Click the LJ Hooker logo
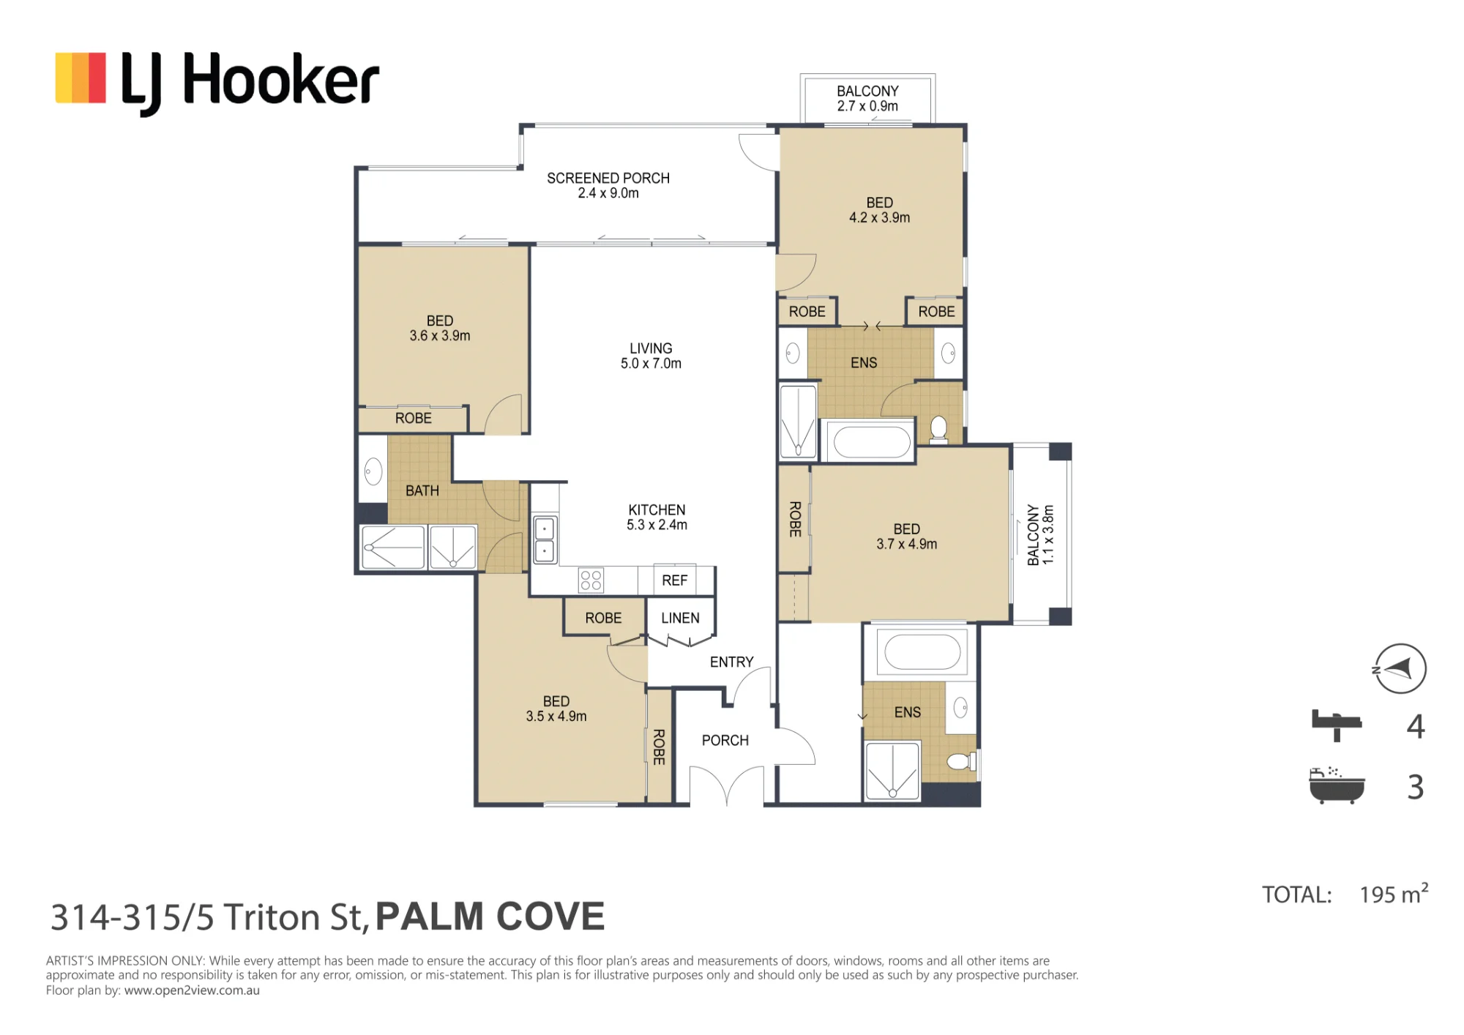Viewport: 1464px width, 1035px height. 217,81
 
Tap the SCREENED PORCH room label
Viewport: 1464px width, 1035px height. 608,185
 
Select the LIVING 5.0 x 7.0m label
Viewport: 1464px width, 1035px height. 651,356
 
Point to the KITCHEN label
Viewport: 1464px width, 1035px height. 657,509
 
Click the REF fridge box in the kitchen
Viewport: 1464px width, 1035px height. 675,580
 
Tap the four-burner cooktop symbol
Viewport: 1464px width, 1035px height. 591,580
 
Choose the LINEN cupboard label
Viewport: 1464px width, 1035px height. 680,618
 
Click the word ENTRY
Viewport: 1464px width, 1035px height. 731,662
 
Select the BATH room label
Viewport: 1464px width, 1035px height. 422,490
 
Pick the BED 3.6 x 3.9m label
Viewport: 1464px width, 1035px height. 440,328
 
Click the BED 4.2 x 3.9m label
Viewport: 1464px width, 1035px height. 879,210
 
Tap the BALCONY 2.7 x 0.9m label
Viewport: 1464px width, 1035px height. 867,98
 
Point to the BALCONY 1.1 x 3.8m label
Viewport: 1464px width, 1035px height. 1040,534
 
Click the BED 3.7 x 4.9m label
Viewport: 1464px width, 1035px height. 906,537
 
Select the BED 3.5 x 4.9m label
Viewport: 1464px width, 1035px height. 556,709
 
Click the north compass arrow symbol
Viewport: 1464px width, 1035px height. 1400,668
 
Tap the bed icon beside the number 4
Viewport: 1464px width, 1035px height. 1336,725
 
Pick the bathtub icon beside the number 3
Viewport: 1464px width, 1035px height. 1337,786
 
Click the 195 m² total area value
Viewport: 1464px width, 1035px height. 1394,894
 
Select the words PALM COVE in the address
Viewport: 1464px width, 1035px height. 490,916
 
